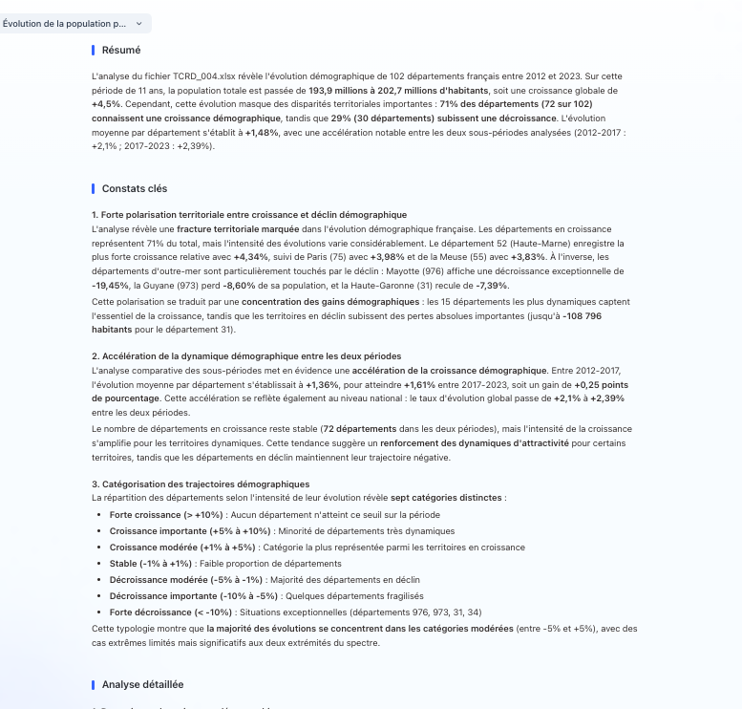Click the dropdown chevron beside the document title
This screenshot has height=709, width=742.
coord(139,23)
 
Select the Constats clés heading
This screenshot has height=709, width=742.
coord(134,188)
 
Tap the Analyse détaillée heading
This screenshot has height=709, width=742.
coord(142,684)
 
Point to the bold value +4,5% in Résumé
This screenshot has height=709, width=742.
coord(104,103)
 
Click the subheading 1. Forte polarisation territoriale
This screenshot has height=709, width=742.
coord(248,214)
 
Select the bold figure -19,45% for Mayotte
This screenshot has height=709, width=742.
coord(109,285)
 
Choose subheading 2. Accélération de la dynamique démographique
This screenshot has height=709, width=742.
coord(246,355)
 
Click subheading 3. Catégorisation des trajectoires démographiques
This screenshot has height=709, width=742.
coord(201,484)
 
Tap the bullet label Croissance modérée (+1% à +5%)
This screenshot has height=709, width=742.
coord(165,548)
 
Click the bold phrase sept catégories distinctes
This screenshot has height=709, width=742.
coord(446,498)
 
